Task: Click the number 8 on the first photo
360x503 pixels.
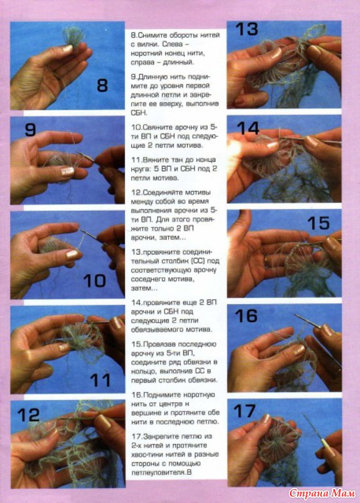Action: [x=102, y=86]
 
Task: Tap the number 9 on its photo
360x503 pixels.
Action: [x=30, y=130]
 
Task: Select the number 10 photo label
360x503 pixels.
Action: [x=94, y=281]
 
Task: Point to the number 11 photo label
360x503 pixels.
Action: [x=100, y=380]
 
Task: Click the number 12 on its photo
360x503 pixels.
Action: [x=29, y=415]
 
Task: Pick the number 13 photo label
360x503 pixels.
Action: [x=247, y=29]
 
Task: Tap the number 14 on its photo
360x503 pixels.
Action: [x=248, y=128]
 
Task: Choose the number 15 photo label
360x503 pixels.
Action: [x=318, y=223]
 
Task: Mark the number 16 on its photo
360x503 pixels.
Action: [x=246, y=316]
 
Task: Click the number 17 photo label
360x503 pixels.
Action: [x=245, y=411]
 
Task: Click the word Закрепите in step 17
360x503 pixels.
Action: [x=161, y=436]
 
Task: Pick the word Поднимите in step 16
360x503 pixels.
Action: [x=161, y=395]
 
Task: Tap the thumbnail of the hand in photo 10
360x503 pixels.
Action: [x=72, y=255]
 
